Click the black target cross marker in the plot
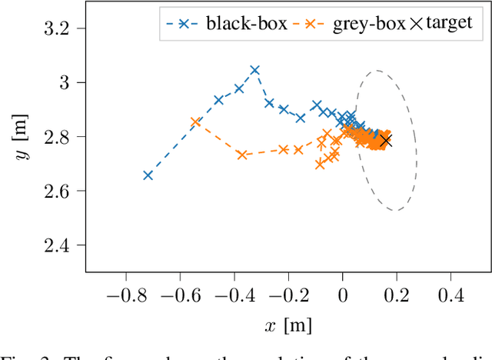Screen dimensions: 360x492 pyautogui.click(x=386, y=141)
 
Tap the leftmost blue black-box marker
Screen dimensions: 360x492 pyautogui.click(x=148, y=175)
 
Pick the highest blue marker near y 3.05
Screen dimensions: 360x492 pyautogui.click(x=255, y=70)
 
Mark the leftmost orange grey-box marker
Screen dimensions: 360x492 pyautogui.click(x=195, y=122)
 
